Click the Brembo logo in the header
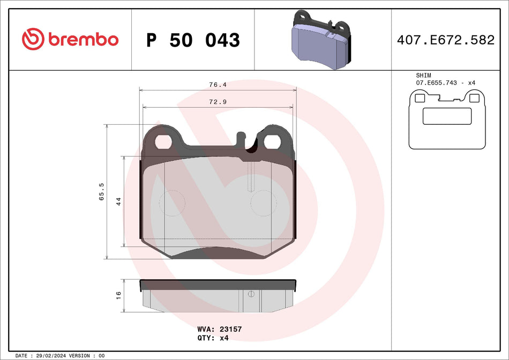click(x=70, y=39)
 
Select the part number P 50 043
click(x=193, y=40)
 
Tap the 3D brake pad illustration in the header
click(x=320, y=40)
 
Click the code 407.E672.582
click(x=446, y=40)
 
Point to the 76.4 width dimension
click(x=218, y=85)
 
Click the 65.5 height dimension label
click(x=101, y=191)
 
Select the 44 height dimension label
click(x=119, y=201)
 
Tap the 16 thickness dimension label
click(x=119, y=295)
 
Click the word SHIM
click(x=423, y=76)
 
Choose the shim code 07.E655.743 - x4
click(x=446, y=83)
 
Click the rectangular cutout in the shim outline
click(x=447, y=116)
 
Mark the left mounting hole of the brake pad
click(x=163, y=141)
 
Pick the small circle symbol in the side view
click(x=250, y=294)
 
